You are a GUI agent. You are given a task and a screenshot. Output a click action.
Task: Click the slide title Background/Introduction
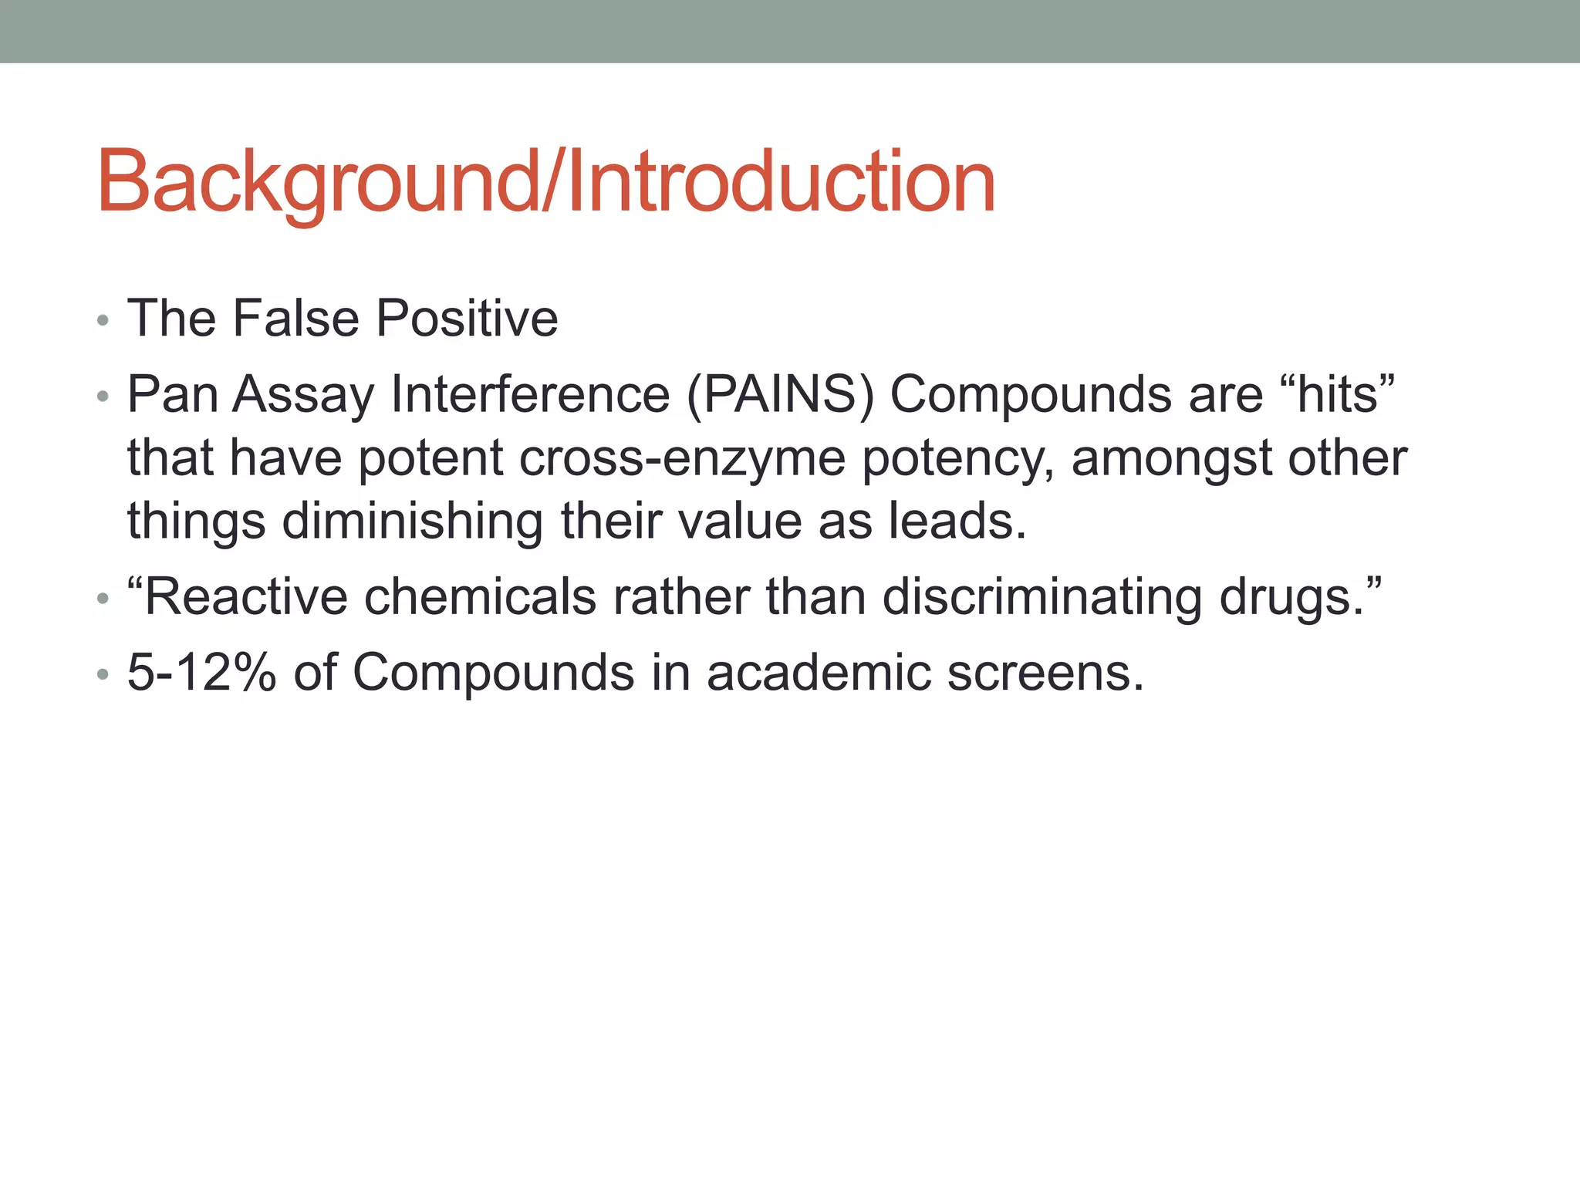[546, 182]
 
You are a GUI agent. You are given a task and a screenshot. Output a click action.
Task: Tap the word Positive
[467, 318]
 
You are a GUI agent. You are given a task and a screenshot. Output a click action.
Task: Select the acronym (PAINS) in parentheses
[780, 394]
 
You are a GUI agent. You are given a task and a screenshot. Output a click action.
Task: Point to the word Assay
[303, 394]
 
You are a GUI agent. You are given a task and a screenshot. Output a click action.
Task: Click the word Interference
[530, 394]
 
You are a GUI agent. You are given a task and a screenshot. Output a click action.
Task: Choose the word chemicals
[480, 596]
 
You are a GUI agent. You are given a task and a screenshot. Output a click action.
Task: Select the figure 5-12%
[201, 672]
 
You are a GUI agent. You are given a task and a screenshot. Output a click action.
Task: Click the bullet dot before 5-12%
[103, 675]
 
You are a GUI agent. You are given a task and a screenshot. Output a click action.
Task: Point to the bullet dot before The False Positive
[103, 321]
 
